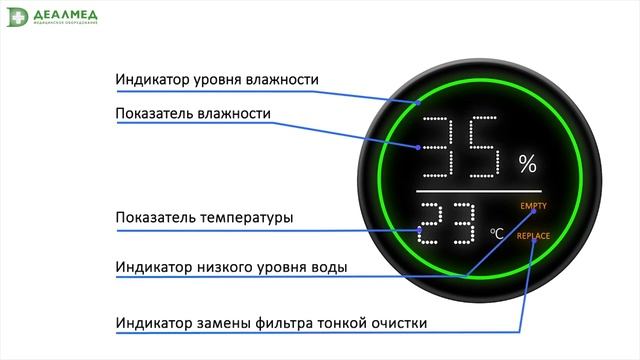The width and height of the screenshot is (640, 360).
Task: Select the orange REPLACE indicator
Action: pos(534,236)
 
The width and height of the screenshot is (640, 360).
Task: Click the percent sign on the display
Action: pos(527,164)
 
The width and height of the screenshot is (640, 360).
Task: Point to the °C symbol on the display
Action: pos(496,234)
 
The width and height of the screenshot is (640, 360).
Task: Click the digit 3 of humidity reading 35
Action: pos(441,146)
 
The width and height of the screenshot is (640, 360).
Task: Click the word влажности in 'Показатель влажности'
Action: pos(235,114)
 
